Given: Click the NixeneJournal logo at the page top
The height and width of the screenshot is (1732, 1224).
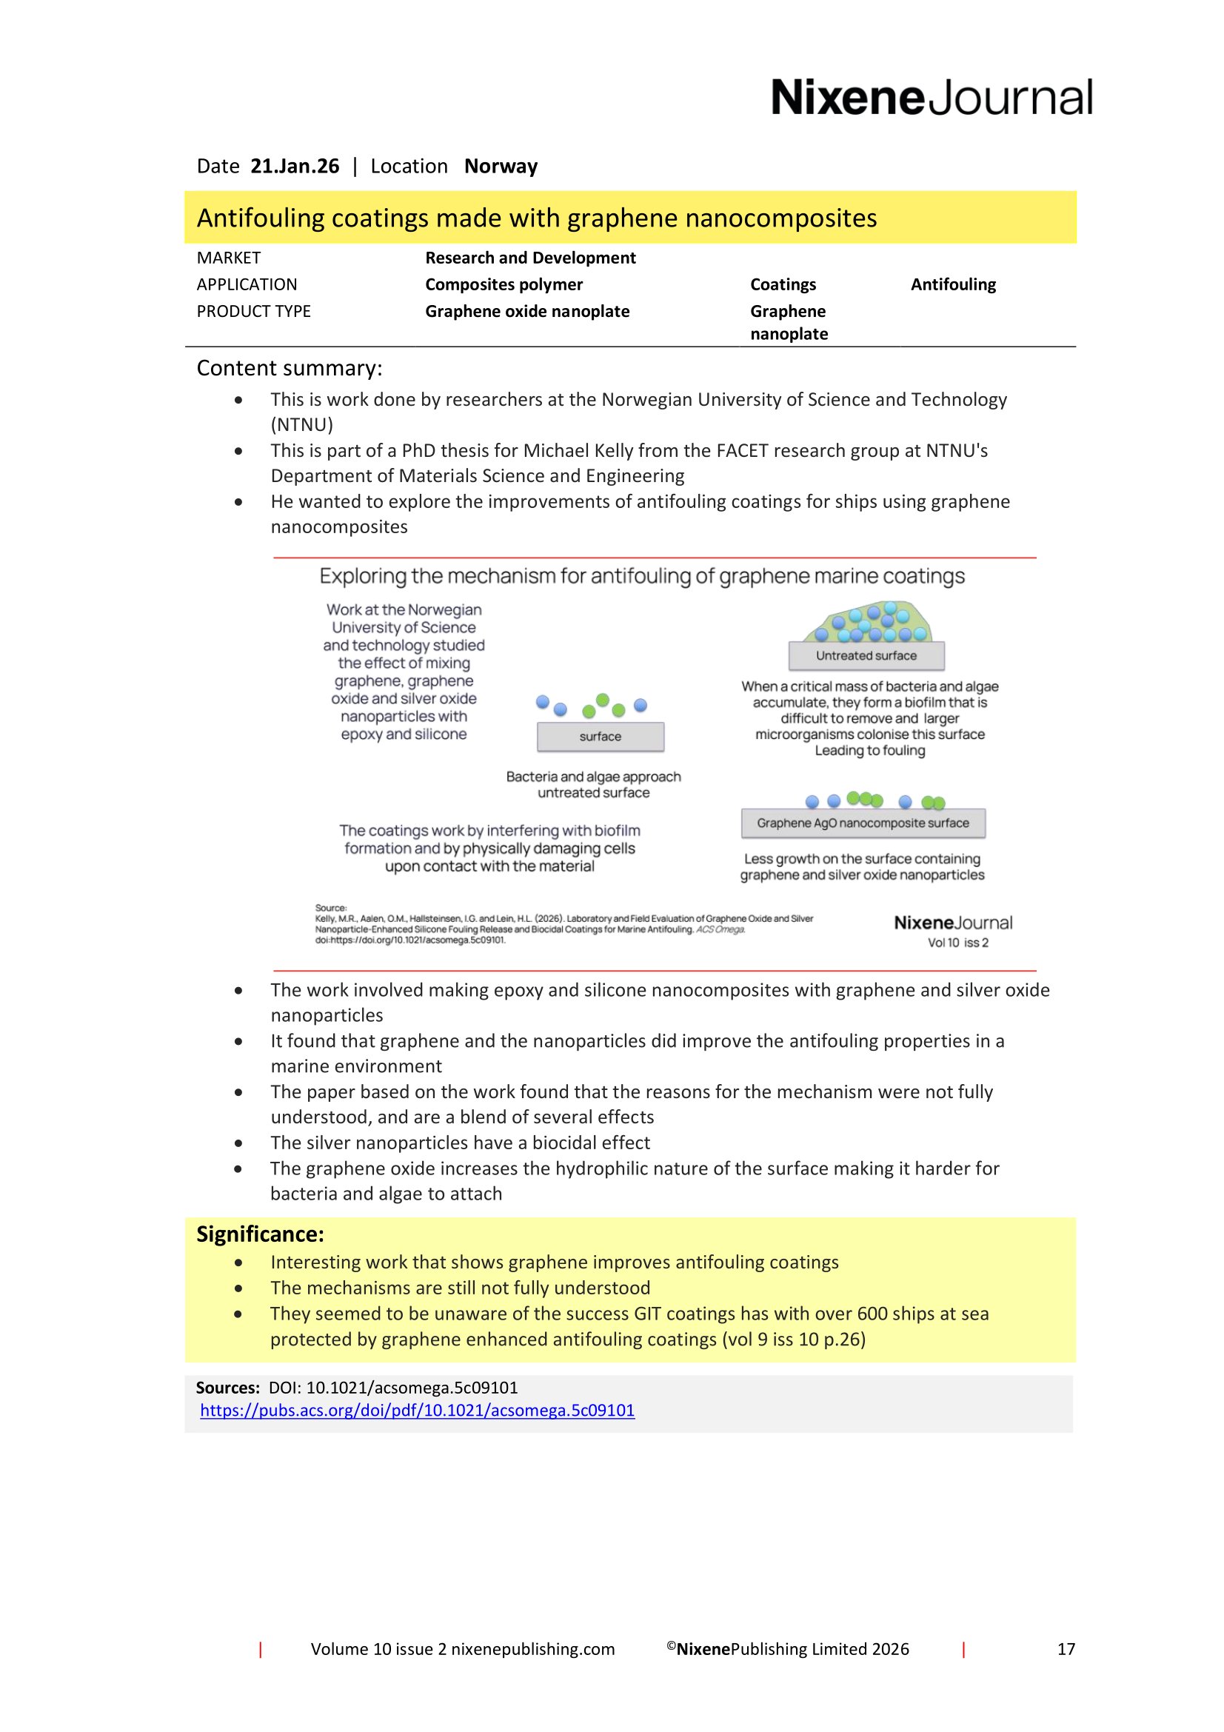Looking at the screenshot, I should tap(931, 98).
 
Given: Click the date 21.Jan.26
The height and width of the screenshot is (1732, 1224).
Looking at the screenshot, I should tap(294, 166).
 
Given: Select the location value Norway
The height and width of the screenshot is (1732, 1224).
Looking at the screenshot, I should tap(501, 166).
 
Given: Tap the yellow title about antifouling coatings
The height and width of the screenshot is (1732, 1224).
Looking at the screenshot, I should tap(536, 218).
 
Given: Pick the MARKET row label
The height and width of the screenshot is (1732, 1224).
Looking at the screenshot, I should tap(229, 258).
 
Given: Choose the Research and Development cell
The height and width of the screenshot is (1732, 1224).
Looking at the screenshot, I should tap(530, 258).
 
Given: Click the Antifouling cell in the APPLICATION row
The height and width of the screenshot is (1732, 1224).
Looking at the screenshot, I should tap(952, 284).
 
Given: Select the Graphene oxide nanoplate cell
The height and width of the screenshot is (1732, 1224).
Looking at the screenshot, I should tap(527, 312).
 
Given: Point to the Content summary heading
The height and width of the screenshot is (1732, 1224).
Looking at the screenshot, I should tap(290, 368).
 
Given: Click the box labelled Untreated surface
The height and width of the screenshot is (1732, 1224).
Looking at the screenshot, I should tap(866, 655).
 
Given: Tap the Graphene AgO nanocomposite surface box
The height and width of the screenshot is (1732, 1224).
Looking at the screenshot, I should tap(863, 823).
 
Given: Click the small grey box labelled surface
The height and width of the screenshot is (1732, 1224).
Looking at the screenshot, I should tap(601, 736).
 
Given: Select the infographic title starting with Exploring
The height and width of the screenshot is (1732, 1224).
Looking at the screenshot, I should tap(642, 576).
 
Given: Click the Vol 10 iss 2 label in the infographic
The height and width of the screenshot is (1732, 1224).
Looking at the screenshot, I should tap(957, 943).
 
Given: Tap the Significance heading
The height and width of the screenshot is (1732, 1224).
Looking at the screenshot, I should tap(260, 1234).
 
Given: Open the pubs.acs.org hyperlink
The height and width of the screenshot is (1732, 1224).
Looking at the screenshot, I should tap(417, 1411).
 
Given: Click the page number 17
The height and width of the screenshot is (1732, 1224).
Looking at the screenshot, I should tap(1066, 1649).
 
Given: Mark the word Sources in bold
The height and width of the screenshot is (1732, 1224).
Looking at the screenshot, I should tap(227, 1388).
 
